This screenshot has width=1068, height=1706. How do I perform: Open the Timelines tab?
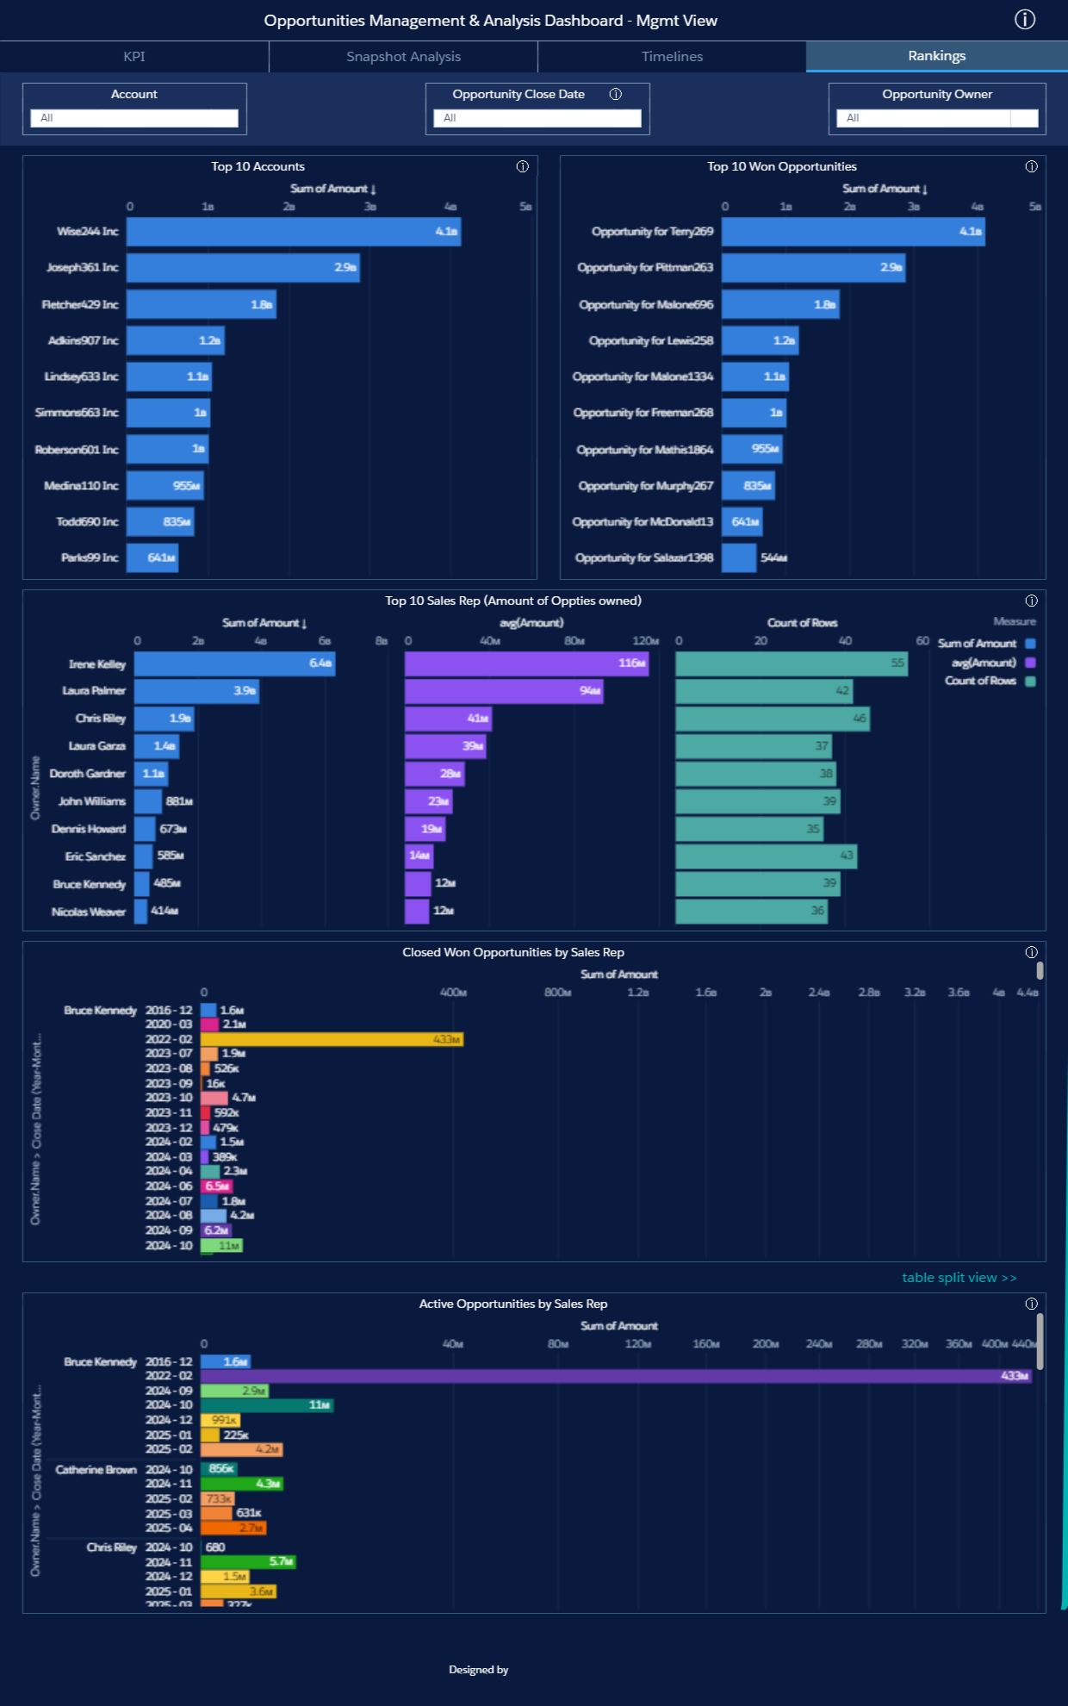coord(672,57)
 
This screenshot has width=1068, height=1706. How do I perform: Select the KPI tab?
coord(134,57)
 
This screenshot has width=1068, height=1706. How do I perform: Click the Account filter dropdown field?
coord(134,118)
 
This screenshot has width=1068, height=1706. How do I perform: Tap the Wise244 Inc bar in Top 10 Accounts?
coord(293,232)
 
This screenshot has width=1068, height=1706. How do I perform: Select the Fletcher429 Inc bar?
coord(201,304)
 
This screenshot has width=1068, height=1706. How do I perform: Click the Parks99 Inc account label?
coord(90,558)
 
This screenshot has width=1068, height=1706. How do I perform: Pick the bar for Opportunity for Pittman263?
coord(812,268)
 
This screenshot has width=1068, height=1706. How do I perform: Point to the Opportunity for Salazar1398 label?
coord(644,558)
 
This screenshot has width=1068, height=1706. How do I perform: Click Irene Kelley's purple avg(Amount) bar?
coord(526,663)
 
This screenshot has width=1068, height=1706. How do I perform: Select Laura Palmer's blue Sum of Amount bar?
coord(196,691)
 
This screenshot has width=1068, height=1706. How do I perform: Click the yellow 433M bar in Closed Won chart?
coord(332,1040)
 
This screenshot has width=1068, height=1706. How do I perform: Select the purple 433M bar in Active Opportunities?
coord(616,1376)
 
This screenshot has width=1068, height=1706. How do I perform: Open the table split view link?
coord(959,1278)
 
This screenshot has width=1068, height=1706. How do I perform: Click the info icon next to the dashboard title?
coord(1024,20)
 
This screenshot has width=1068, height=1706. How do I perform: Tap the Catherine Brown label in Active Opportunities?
coord(96,1470)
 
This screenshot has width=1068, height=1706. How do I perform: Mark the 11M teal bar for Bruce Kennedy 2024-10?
coord(267,1405)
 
